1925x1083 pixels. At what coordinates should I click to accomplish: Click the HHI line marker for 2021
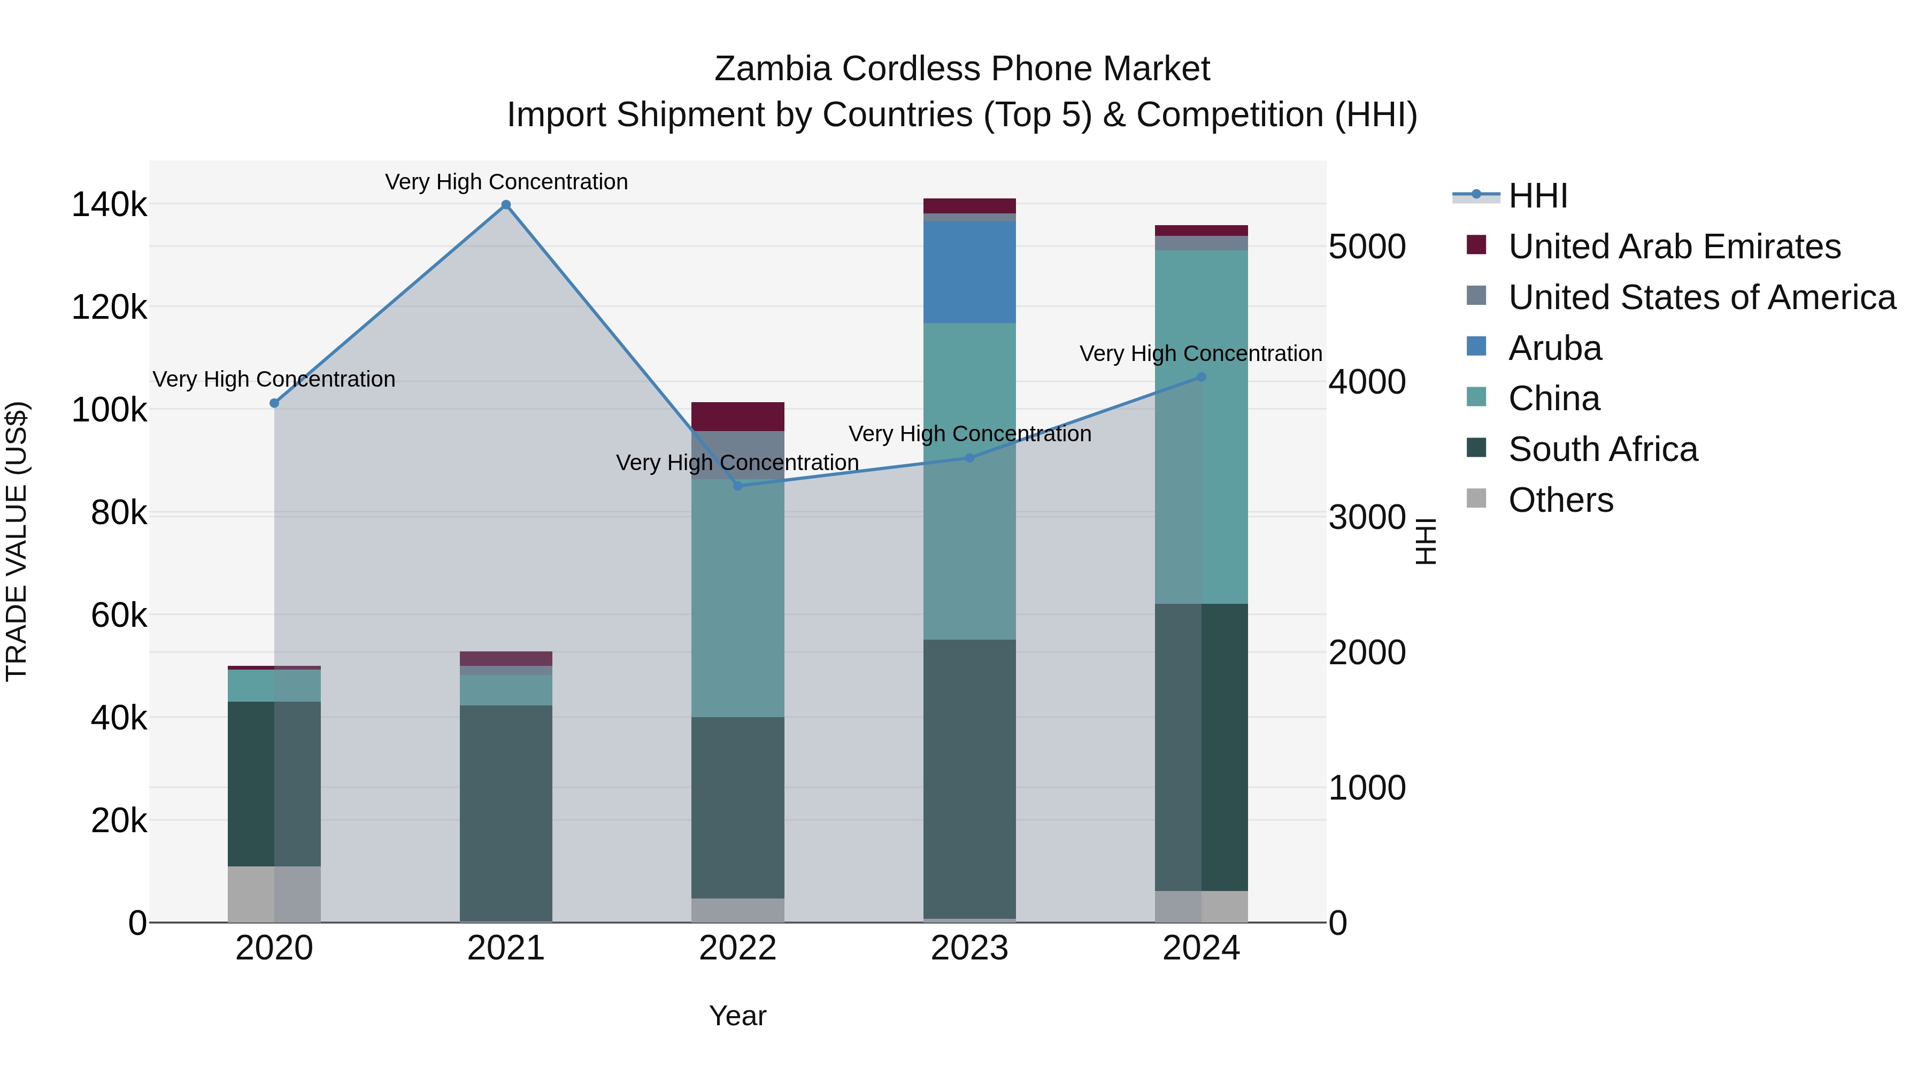click(x=506, y=205)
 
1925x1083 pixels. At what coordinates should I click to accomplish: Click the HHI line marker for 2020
click(x=274, y=403)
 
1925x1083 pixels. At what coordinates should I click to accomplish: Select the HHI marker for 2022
click(x=737, y=486)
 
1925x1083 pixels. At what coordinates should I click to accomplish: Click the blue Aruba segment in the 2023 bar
click(x=969, y=272)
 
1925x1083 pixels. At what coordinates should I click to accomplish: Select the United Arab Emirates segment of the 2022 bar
click(x=737, y=416)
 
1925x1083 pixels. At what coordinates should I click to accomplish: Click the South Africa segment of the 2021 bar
click(x=506, y=813)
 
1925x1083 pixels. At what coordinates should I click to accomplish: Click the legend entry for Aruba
click(x=1554, y=348)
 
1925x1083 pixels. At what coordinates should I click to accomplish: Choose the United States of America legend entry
click(x=1701, y=297)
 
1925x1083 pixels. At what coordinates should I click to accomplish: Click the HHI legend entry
click(x=1537, y=196)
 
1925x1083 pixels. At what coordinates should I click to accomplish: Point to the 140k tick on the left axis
click(x=109, y=205)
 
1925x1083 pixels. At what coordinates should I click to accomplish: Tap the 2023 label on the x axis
click(x=969, y=948)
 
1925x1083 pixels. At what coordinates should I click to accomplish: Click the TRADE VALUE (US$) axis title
click(x=17, y=541)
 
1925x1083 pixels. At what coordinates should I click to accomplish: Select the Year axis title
click(x=737, y=1016)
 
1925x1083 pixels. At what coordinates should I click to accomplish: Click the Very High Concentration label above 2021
click(x=506, y=182)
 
